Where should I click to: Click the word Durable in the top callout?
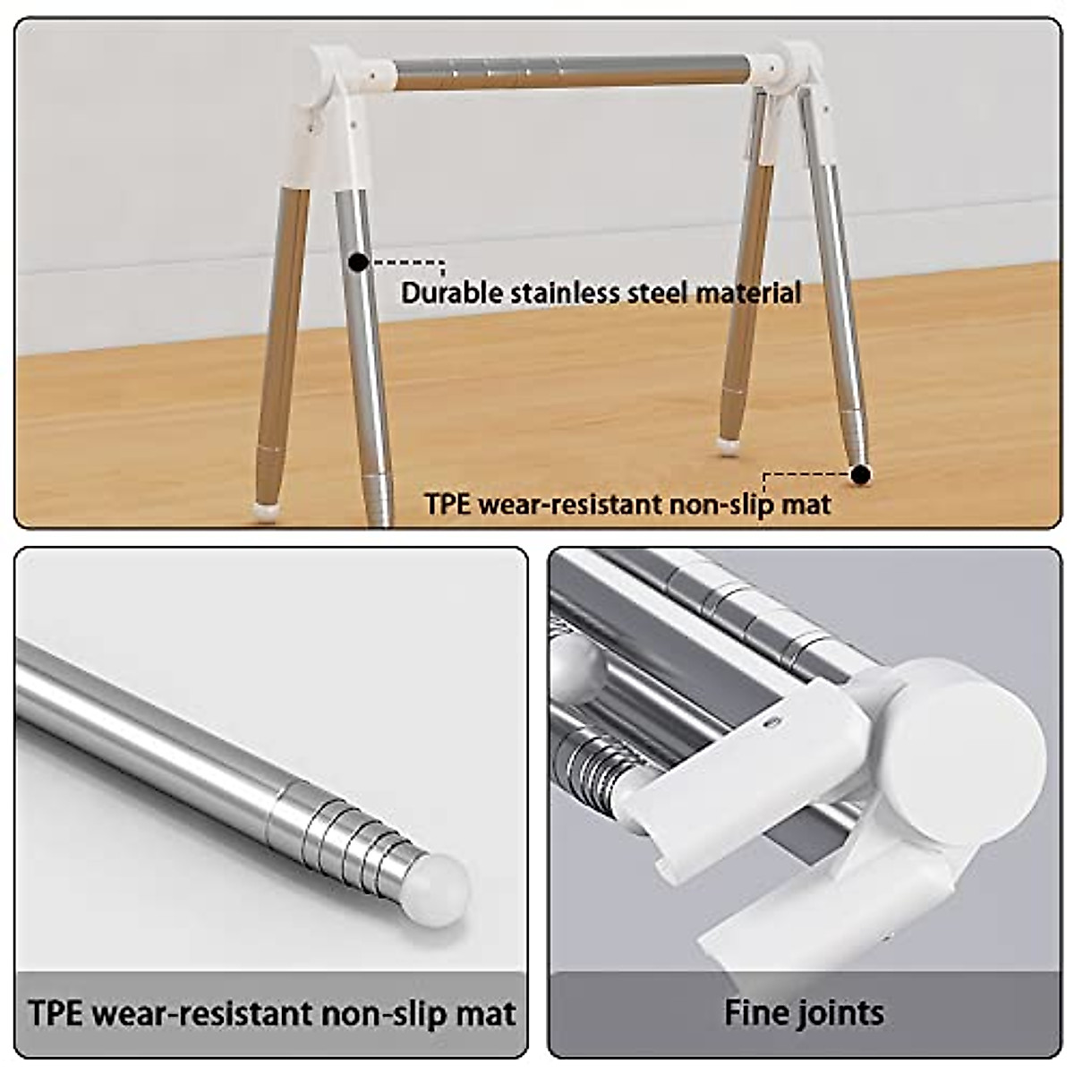(x=452, y=293)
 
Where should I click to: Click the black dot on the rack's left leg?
(x=358, y=263)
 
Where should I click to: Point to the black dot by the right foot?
(x=860, y=474)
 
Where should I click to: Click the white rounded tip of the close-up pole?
(x=443, y=882)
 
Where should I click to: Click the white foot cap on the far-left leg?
(x=265, y=511)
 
